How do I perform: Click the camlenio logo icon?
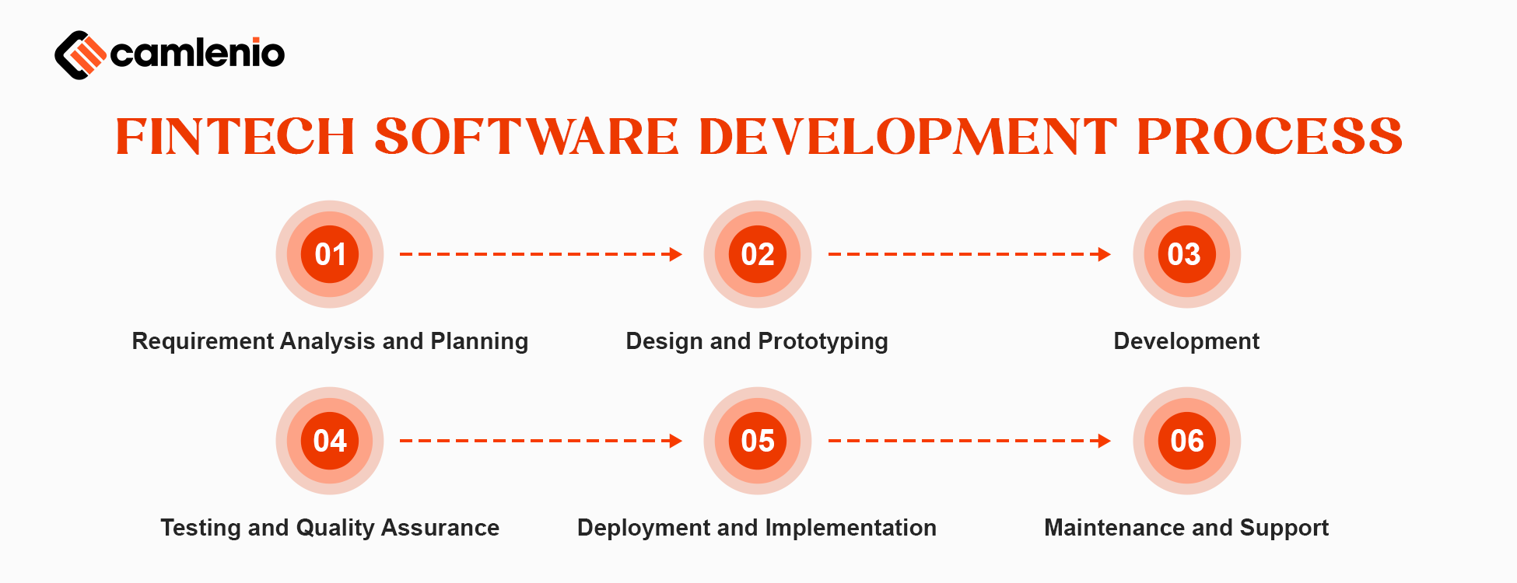79,54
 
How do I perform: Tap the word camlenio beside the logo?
198,53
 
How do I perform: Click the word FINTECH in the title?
235,137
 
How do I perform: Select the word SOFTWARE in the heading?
527,137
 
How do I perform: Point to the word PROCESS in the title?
1269,137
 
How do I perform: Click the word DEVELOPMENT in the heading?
908,137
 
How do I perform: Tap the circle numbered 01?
330,254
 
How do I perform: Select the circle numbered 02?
758,254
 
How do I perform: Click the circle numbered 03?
1186,254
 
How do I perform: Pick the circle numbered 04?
330,441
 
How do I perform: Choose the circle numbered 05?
758,441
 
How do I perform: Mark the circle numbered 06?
1186,441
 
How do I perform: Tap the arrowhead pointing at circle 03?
1104,254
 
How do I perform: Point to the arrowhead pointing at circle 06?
1104,441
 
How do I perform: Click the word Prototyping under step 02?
822,341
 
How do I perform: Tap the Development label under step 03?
1186,341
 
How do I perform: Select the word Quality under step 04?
335,528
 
